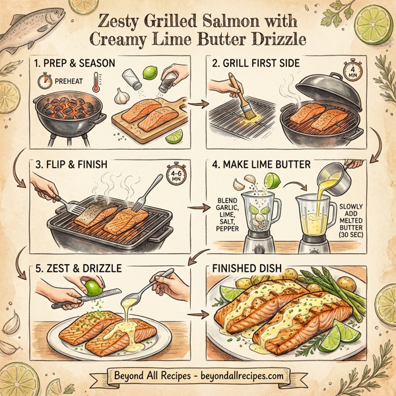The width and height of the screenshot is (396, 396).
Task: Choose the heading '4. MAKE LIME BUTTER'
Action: [261, 165]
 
